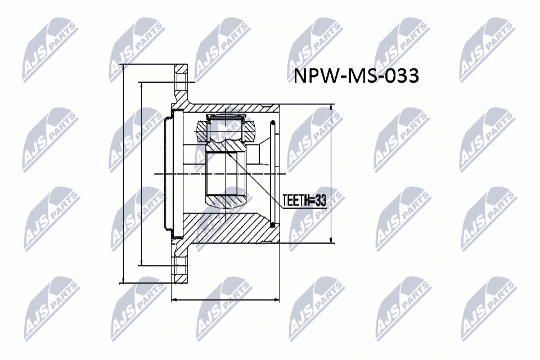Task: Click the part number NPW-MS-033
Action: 357,76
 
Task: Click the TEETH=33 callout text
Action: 304,200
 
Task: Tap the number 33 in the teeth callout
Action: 321,200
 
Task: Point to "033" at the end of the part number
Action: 401,76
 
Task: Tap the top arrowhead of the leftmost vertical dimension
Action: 123,67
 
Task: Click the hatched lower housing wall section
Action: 225,228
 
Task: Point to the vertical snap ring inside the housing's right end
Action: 272,174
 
